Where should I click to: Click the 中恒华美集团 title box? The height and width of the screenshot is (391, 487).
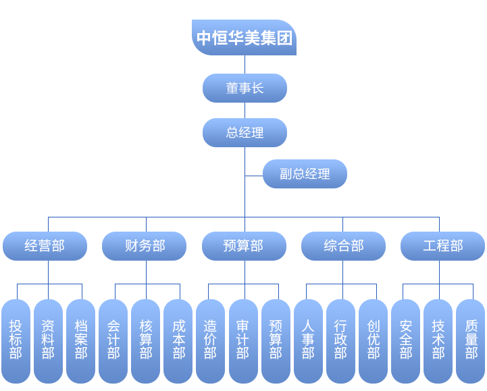click(244, 38)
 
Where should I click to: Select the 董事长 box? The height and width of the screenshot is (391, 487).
click(245, 88)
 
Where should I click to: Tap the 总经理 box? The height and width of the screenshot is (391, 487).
click(245, 133)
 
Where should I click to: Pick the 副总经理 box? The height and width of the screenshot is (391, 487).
click(305, 174)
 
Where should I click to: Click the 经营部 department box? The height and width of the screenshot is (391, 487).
click(45, 246)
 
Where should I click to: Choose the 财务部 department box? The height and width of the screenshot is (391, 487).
click(144, 246)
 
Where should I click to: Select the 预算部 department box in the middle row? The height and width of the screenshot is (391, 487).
click(243, 246)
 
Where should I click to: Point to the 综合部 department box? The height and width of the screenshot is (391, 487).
click(343, 246)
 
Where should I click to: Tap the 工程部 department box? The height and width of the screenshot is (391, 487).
click(442, 246)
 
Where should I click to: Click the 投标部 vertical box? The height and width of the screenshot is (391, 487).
click(16, 340)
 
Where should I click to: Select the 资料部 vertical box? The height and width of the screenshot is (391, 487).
click(48, 340)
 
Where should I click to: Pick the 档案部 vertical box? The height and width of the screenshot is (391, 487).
click(81, 340)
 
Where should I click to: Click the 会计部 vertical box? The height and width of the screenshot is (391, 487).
click(113, 340)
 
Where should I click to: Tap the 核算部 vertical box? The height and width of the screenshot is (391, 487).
click(146, 340)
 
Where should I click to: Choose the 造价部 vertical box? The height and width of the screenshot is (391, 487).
click(210, 340)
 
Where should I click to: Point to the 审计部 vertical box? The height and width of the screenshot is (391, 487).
click(242, 340)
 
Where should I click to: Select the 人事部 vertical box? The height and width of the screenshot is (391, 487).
click(308, 340)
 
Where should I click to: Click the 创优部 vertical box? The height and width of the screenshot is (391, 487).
click(373, 340)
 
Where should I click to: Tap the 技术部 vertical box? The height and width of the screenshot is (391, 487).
click(438, 340)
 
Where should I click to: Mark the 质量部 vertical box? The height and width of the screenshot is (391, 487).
click(471, 340)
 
